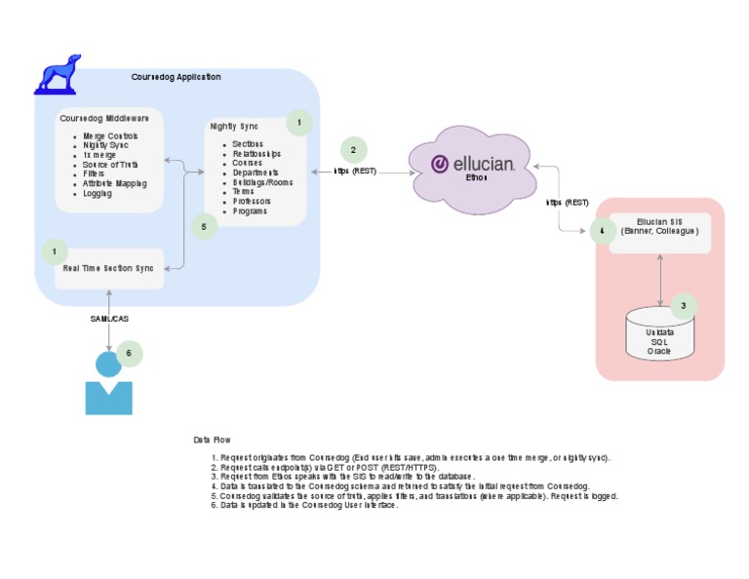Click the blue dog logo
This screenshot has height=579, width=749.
[58, 74]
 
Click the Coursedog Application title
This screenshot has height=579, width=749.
[176, 77]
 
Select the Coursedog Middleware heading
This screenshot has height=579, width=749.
[104, 118]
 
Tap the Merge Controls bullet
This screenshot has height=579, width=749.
[110, 135]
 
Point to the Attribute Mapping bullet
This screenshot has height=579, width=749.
[115, 183]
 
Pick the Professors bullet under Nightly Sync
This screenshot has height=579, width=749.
[252, 201]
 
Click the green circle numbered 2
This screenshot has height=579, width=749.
[353, 150]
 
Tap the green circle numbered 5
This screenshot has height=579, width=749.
[203, 226]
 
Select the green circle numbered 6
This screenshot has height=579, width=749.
[129, 354]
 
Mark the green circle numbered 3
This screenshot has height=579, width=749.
[683, 305]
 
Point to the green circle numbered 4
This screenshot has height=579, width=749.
[602, 231]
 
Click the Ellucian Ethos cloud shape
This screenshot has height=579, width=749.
[472, 168]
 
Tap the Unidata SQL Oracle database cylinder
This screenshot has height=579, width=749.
[659, 333]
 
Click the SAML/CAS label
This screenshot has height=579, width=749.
[108, 319]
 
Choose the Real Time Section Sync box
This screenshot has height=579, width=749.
[108, 267]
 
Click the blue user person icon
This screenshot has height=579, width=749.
[108, 385]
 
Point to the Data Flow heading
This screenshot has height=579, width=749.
[212, 441]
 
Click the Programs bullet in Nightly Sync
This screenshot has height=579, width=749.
[251, 211]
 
